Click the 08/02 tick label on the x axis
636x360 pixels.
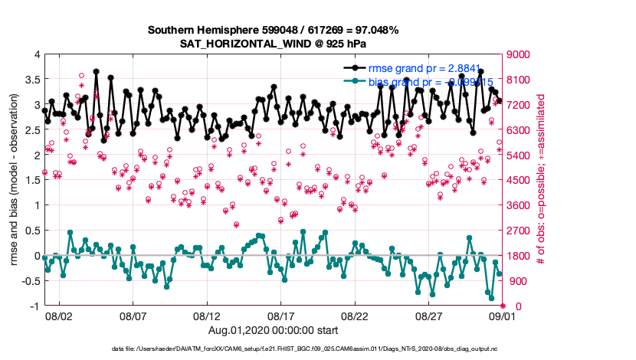(59, 316)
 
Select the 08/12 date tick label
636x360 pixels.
(207, 316)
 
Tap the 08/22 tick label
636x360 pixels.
(356, 316)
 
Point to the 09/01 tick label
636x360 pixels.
(503, 316)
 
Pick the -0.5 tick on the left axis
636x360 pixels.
(30, 281)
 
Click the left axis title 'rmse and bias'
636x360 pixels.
(15, 180)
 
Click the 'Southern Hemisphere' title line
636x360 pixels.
(273, 30)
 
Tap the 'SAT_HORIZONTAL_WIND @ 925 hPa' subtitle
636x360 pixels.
(273, 44)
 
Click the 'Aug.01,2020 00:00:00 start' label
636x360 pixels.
(273, 329)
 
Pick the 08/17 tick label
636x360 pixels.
(281, 316)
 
